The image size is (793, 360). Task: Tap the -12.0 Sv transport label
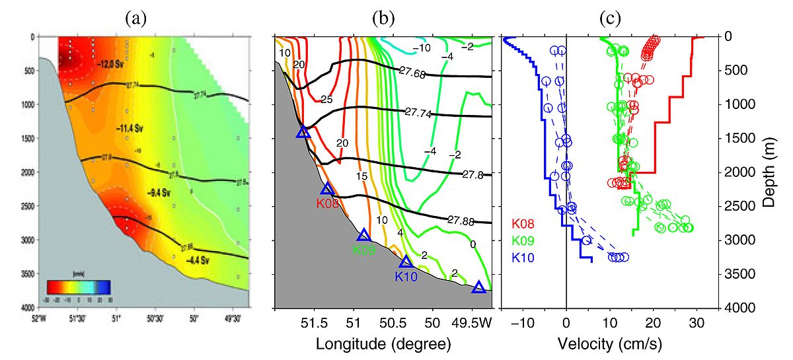point(110,65)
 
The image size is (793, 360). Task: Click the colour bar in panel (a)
point(78,287)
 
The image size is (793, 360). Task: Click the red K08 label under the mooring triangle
point(328,204)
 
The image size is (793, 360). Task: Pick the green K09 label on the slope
point(364,250)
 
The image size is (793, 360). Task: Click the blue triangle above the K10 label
point(406,262)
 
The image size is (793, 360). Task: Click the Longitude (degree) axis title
point(383,344)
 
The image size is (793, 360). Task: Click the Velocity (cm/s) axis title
point(610,344)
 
